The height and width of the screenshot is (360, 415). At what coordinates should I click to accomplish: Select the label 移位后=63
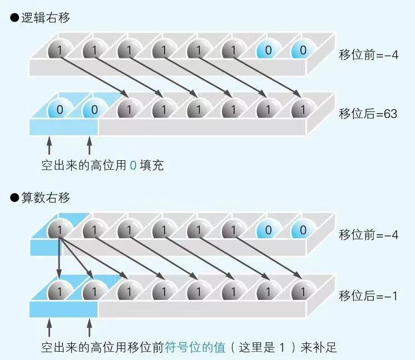(x=368, y=114)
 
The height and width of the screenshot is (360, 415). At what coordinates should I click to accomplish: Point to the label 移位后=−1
(x=368, y=295)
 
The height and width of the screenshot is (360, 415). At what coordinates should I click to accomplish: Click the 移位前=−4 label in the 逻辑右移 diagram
(x=368, y=55)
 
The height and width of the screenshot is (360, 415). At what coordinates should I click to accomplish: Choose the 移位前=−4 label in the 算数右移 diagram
(x=368, y=234)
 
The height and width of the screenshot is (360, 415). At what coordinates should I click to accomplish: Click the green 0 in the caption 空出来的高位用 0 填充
(x=132, y=165)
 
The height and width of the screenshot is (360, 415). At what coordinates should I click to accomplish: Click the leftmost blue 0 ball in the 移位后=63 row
(x=57, y=109)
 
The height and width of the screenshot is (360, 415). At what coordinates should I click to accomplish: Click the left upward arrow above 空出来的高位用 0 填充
(x=49, y=146)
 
